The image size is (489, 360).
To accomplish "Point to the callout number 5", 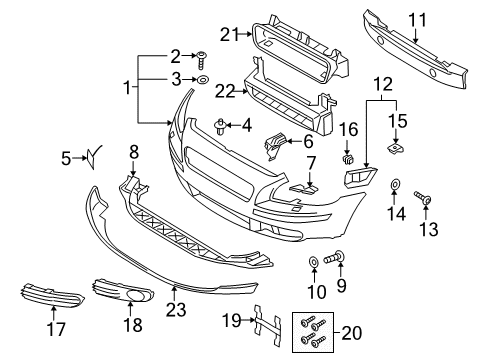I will pyautogui.click(x=66, y=156).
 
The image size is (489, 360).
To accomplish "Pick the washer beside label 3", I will pyautogui.click(x=201, y=78).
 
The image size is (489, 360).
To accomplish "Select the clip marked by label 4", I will pyautogui.click(x=219, y=125).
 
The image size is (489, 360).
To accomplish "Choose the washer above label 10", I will pyautogui.click(x=314, y=261).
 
